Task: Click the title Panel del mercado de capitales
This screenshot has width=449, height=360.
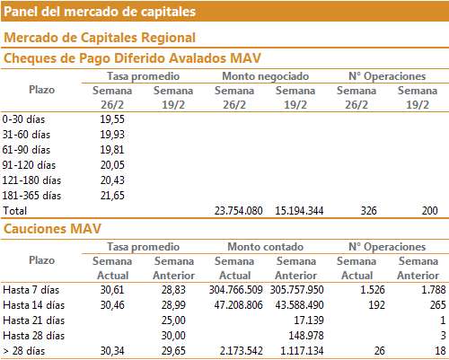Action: click(x=100, y=12)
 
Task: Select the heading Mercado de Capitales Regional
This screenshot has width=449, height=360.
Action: click(x=100, y=38)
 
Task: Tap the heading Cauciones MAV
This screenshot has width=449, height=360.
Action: click(x=52, y=229)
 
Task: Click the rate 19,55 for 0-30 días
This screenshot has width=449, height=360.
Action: click(x=112, y=119)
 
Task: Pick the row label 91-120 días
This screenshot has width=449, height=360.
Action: click(x=29, y=165)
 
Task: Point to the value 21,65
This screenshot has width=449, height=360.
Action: click(x=112, y=196)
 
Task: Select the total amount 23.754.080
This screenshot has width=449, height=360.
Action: click(x=239, y=211)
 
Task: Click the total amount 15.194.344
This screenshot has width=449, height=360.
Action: click(x=299, y=211)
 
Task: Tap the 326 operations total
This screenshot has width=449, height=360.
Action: click(x=368, y=211)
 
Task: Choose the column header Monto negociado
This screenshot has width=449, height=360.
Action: click(x=266, y=76)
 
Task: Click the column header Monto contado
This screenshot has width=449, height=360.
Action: click(x=266, y=247)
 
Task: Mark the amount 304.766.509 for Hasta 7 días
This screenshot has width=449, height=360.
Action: click(x=236, y=290)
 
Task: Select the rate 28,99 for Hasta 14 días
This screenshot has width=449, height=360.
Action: click(x=173, y=305)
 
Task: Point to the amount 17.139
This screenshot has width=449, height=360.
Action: click(x=309, y=320)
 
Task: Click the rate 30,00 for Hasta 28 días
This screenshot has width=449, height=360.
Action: click(x=173, y=336)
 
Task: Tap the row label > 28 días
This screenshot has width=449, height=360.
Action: click(x=24, y=351)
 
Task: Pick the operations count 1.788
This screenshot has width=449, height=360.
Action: click(x=434, y=290)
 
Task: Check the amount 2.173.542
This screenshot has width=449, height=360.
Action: click(x=242, y=351)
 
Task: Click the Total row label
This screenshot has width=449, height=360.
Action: click(x=15, y=211)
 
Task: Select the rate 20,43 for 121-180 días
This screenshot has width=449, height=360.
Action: click(x=112, y=180)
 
